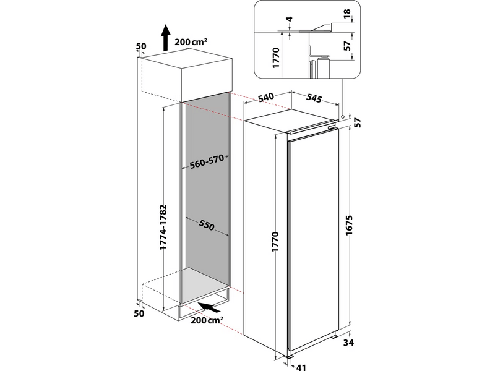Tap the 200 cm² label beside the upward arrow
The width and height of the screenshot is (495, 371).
(191, 42)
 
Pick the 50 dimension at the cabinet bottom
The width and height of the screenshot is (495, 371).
(139, 314)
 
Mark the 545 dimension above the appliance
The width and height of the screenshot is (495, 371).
(315, 99)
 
